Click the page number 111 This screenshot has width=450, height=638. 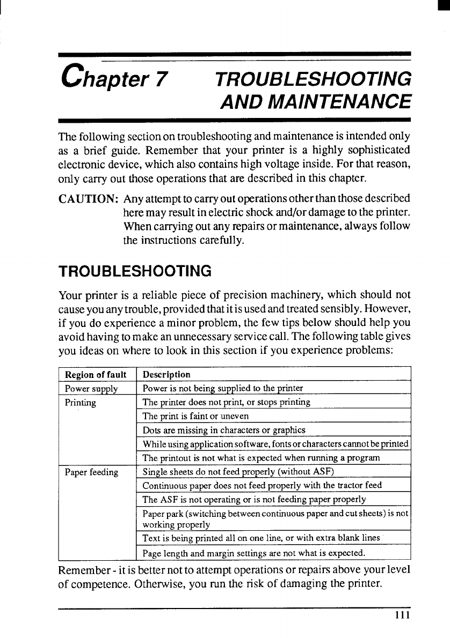402,615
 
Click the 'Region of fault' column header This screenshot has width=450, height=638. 96,375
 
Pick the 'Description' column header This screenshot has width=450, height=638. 166,375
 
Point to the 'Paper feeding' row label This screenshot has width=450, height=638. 91,472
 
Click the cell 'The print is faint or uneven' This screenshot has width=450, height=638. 195,416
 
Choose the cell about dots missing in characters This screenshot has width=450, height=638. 224,430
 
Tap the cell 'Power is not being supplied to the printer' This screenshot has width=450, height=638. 223,388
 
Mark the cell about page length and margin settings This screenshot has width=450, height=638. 253,552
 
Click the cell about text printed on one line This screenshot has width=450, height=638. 260,538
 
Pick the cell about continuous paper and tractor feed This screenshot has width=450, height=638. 262,486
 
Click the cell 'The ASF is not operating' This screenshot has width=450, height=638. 254,500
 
